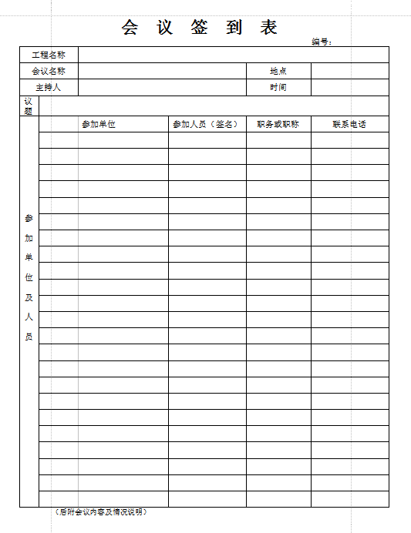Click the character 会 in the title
coord(130,28)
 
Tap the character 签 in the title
coord(200,28)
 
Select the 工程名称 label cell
coord(49,55)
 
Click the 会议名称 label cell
coord(49,71)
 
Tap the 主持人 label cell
coord(49,87)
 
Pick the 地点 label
coord(278,71)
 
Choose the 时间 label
coord(278,87)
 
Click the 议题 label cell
coord(29,106)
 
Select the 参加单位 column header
coord(99,124)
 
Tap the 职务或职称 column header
coord(278,124)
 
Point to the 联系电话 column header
coord(349,124)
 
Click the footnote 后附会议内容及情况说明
coord(102,512)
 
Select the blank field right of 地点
coord(349,71)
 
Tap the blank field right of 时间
coord(349,87)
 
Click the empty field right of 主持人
coord(162,87)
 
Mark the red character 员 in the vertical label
coord(29,337)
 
